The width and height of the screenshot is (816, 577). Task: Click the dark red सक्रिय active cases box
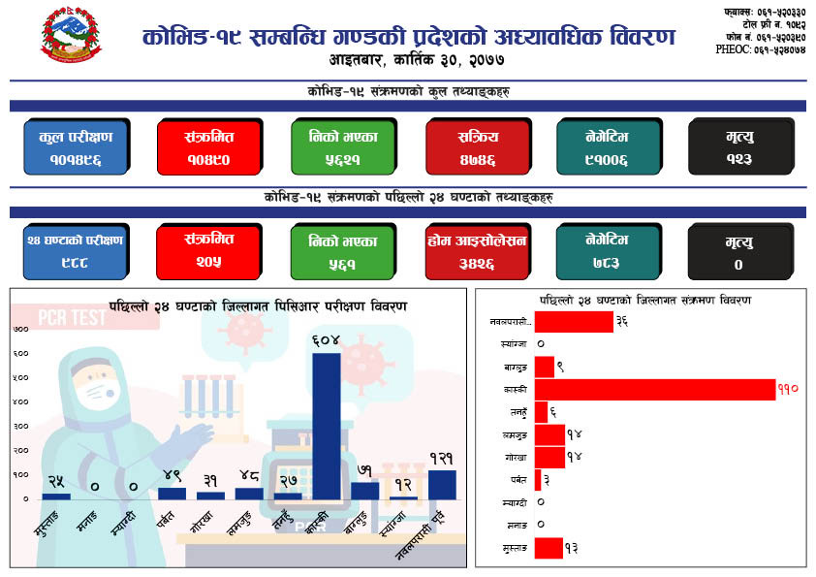(469, 145)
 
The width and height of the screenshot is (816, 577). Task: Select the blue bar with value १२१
(442, 483)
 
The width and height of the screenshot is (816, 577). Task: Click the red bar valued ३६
(574, 321)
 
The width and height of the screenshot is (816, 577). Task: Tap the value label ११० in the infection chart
(787, 389)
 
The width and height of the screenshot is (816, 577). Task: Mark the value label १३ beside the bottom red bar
(572, 549)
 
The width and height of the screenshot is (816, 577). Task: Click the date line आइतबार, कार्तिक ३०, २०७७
(408, 60)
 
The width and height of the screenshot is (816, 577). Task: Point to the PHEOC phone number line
(760, 48)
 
